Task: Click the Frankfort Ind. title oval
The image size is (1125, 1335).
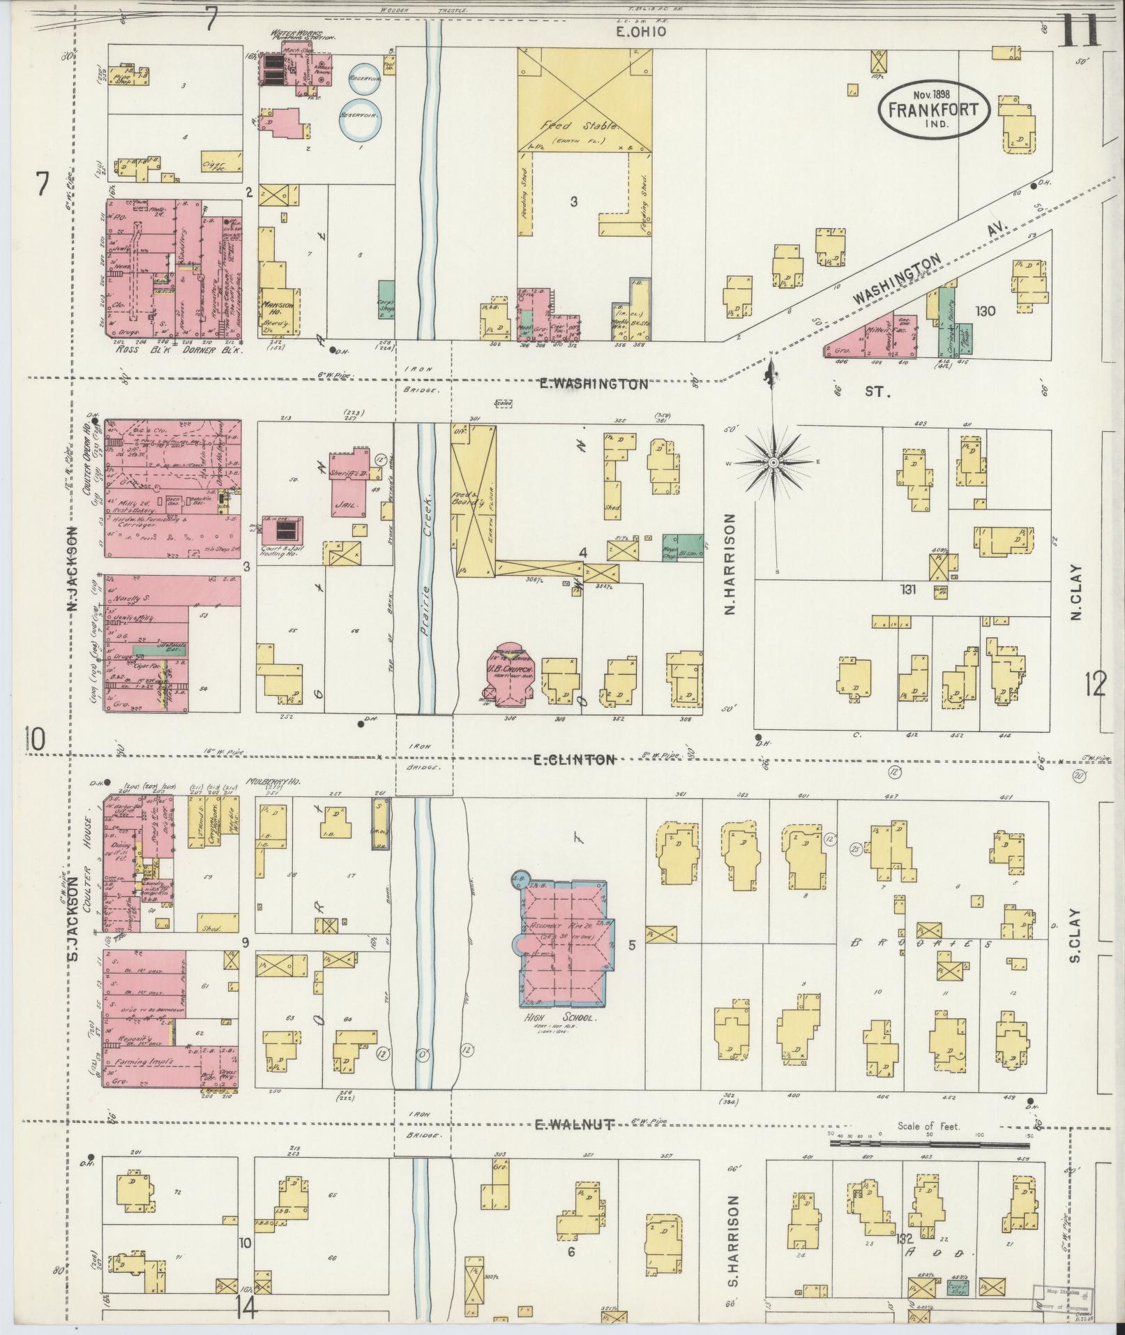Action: [x=933, y=108]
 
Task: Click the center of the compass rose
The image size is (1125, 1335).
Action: [x=774, y=463]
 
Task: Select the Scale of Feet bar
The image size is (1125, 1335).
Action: [x=928, y=1144]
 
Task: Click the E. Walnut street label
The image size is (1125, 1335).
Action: [x=575, y=1124]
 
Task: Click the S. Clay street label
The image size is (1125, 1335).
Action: [x=1075, y=935]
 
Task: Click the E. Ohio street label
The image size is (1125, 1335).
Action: [x=641, y=31]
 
